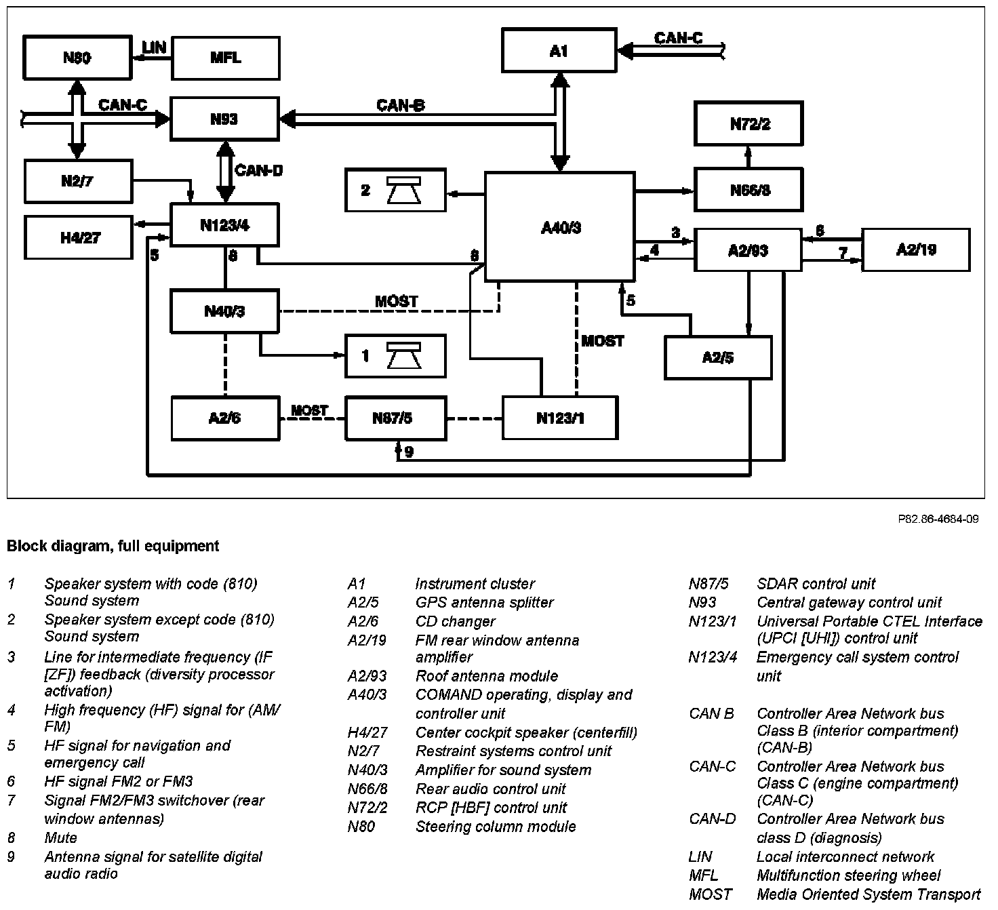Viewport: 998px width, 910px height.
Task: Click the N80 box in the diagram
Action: (x=77, y=58)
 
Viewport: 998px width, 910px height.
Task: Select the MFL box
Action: (x=225, y=58)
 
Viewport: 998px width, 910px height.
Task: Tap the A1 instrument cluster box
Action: (x=559, y=50)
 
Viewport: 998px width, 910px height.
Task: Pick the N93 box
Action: (x=224, y=119)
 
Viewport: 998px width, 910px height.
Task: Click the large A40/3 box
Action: (x=560, y=226)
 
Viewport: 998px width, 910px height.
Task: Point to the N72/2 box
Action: (x=748, y=124)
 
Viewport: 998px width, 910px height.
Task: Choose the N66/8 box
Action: (x=748, y=190)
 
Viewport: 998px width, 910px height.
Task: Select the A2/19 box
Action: (x=915, y=250)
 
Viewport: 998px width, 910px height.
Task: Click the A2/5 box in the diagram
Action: (x=718, y=357)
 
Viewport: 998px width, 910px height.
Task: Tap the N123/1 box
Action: (x=560, y=418)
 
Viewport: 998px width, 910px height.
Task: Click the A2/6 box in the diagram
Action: (x=224, y=418)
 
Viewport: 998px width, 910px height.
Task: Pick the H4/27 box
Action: (x=78, y=237)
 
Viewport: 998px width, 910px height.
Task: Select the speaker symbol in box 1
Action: (x=404, y=356)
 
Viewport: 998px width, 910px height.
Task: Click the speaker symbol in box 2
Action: (x=404, y=191)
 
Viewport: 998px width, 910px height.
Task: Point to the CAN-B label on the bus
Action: (x=401, y=105)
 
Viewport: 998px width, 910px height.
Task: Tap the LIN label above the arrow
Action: (x=155, y=47)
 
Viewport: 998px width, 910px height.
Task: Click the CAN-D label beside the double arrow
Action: (x=258, y=170)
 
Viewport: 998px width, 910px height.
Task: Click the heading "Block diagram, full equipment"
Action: (x=113, y=546)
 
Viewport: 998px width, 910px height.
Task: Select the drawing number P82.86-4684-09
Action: (x=938, y=519)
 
